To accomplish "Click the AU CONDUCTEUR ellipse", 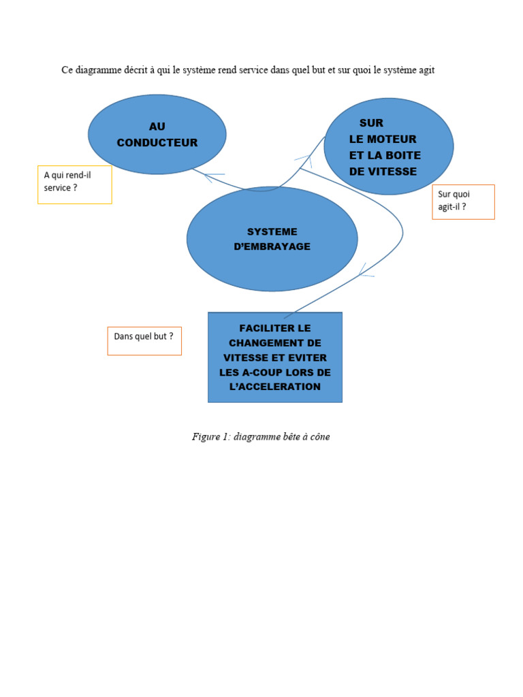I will (157, 134).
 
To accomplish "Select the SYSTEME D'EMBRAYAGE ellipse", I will (272, 239).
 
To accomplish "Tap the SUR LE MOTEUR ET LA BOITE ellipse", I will (388, 146).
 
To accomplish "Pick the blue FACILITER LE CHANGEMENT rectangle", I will (274, 357).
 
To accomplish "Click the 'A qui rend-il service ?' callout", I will (74, 184).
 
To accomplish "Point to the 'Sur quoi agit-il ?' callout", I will (463, 201).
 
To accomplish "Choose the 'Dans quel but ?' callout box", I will (144, 340).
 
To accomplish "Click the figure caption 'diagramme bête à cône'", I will (281, 437).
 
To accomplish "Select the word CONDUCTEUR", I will (157, 143).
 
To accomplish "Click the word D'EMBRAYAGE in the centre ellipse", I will (272, 246).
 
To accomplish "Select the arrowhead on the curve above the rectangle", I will (364, 273).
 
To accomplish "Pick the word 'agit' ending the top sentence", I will (425, 71).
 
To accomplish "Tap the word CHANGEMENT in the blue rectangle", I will (275, 343).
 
